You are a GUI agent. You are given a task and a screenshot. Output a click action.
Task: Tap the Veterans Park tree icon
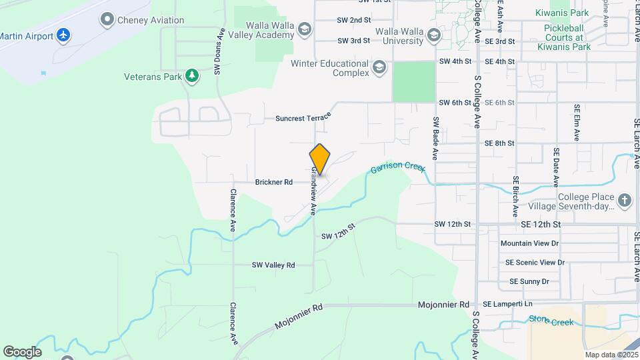click(192, 77)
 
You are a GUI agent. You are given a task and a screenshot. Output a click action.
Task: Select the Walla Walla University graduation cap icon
click(434, 35)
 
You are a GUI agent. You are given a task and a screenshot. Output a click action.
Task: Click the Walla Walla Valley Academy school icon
click(305, 29)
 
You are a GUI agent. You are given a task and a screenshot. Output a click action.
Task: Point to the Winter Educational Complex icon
click(379, 67)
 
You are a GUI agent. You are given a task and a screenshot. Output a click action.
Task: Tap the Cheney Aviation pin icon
click(107, 20)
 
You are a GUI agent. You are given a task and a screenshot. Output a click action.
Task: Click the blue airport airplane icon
click(63, 34)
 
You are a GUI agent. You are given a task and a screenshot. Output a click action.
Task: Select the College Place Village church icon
click(624, 201)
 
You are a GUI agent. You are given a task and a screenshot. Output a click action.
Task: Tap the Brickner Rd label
click(274, 182)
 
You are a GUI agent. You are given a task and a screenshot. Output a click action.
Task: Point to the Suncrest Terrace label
click(303, 118)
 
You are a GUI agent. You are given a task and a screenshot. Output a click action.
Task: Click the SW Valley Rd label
click(273, 265)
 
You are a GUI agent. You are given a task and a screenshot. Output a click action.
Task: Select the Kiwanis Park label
click(562, 13)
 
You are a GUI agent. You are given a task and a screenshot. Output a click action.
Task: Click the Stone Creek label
click(551, 321)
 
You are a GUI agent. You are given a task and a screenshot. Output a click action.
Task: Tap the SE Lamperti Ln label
click(508, 304)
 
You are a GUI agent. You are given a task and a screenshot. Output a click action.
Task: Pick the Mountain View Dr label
click(529, 243)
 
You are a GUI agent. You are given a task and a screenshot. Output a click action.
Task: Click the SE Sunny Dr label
click(529, 281)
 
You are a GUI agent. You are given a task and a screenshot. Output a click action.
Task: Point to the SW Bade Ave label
click(435, 138)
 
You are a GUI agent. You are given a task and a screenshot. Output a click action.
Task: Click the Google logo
click(22, 351)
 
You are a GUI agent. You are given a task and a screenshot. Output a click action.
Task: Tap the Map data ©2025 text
click(611, 355)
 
